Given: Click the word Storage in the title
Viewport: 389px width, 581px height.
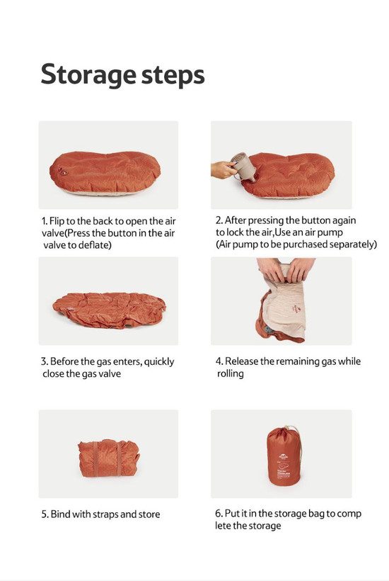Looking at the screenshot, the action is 88,75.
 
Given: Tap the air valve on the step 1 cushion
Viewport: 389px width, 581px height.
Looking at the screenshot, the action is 62,171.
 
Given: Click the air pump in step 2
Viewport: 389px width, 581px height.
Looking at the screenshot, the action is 243,167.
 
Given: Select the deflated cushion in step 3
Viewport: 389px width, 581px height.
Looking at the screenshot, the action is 109,310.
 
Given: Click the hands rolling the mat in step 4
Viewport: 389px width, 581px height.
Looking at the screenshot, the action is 286,269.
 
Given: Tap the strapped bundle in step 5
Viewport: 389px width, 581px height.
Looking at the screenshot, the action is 108,458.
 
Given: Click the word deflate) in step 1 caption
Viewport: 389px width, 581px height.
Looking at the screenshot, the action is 95,245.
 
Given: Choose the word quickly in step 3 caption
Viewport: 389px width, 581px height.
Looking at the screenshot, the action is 159,362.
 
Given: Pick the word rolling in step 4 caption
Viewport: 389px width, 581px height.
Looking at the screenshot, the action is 231,374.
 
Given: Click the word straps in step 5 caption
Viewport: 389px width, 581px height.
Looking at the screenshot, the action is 105,514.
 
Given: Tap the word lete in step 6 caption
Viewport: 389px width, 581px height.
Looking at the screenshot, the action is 223,526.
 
